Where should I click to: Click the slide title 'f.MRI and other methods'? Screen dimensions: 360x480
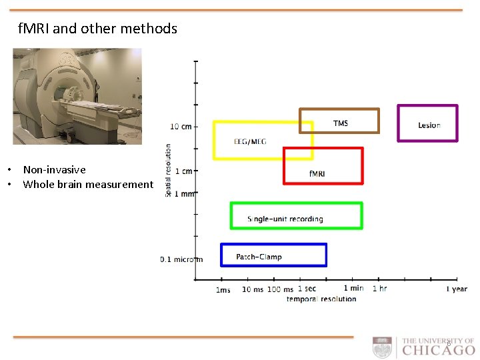(x=98, y=29)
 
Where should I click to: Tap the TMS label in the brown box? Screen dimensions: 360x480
(x=340, y=123)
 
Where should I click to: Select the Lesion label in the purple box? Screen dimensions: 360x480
(x=429, y=125)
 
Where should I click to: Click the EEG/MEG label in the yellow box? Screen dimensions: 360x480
(x=250, y=141)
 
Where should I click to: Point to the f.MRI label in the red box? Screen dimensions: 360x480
(x=317, y=173)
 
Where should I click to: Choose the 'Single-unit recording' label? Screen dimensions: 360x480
(x=285, y=219)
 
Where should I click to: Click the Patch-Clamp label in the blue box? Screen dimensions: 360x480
(x=259, y=257)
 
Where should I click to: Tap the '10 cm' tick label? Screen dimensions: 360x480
(x=181, y=126)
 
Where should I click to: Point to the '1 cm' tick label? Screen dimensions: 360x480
(x=183, y=171)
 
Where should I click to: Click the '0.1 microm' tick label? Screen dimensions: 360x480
(x=181, y=259)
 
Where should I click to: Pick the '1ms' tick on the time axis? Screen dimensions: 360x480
(x=223, y=290)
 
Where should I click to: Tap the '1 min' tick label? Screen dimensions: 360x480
(x=353, y=288)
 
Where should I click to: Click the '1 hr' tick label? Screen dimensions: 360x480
(x=379, y=289)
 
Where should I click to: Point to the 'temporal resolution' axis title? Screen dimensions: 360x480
(x=321, y=299)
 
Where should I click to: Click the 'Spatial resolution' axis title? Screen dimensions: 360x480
(x=168, y=169)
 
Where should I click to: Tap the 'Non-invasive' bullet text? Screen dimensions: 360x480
(x=54, y=170)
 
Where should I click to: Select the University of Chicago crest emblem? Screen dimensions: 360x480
(x=383, y=348)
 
